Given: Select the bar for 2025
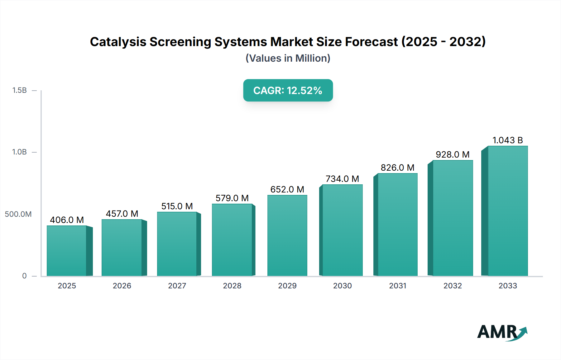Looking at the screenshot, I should [67, 251].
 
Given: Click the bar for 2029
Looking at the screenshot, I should [287, 235].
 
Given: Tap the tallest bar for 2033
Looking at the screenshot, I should [507, 211].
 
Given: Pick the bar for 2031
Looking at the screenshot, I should [397, 225].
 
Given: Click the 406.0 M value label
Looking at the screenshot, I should [67, 220].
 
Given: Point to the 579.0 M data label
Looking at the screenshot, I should [232, 198].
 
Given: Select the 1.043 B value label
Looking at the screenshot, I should [507, 140].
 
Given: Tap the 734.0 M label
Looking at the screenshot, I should [342, 179].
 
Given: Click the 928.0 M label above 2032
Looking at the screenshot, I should [453, 154].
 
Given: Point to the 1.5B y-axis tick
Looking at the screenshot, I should [19, 90].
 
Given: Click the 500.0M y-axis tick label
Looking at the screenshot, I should [18, 214].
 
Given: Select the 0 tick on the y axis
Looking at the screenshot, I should [24, 276].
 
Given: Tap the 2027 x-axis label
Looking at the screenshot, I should [177, 286].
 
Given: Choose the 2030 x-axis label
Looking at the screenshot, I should [342, 286].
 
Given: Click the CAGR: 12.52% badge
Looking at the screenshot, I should [288, 90].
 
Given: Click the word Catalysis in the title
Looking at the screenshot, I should [118, 42].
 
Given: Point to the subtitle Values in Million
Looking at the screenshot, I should [288, 58].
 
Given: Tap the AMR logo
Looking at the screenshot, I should [501, 332].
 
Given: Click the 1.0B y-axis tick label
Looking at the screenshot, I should [19, 152].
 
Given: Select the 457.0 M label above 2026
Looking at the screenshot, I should [122, 214].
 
